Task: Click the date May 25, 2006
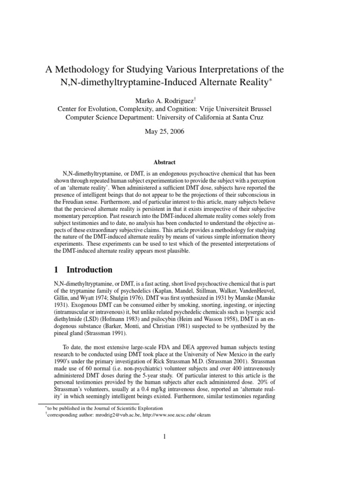click(x=165, y=132)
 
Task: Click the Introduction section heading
click(x=89, y=270)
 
